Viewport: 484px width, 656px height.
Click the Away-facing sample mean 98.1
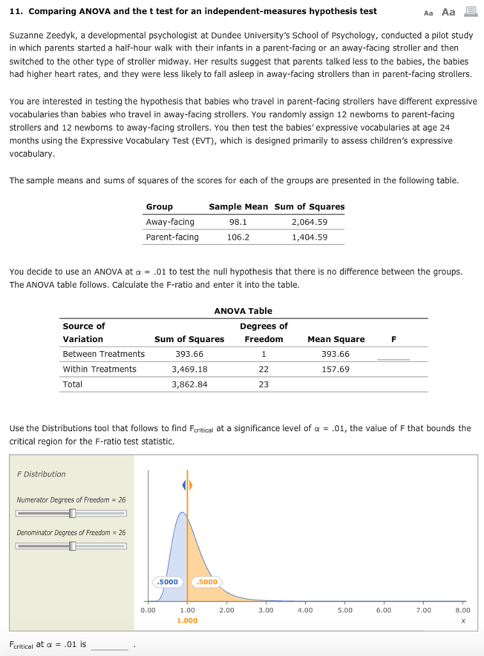click(238, 222)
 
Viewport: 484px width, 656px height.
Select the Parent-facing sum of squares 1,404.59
click(309, 237)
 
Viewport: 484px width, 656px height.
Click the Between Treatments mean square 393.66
click(336, 354)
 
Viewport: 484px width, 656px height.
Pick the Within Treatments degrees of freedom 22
click(264, 369)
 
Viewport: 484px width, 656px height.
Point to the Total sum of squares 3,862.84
click(190, 384)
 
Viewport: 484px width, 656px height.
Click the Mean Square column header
click(336, 339)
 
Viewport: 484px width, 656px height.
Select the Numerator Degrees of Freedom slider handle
click(72, 513)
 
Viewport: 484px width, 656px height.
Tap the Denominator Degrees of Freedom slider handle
click(72, 546)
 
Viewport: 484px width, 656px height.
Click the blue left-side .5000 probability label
click(168, 582)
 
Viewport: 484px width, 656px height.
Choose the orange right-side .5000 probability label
click(206, 582)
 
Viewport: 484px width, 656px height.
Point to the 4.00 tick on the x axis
click(305, 611)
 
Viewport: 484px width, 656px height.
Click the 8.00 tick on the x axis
click(462, 611)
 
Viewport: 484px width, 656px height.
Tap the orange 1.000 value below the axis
click(187, 621)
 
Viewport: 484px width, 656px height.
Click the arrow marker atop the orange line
click(187, 486)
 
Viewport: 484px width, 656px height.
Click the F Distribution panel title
click(41, 474)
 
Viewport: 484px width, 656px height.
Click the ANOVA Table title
click(243, 311)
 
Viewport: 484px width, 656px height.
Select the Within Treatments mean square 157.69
click(336, 369)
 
